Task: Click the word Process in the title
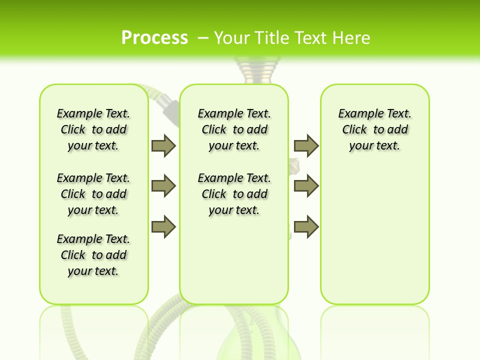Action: (154, 37)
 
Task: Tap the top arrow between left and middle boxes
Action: (163, 145)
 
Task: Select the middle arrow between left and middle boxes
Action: (163, 186)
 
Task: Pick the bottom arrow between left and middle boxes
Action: (163, 227)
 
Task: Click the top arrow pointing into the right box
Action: (306, 145)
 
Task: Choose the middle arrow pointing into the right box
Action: (306, 186)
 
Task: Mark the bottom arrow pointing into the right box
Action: (306, 227)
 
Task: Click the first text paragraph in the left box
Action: (93, 129)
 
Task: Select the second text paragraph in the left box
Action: (93, 194)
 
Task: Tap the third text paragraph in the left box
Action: (93, 255)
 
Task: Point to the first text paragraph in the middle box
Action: (234, 129)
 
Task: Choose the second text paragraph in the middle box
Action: (234, 194)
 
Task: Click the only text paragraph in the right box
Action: (374, 129)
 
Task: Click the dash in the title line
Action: (203, 37)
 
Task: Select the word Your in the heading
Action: (232, 37)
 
